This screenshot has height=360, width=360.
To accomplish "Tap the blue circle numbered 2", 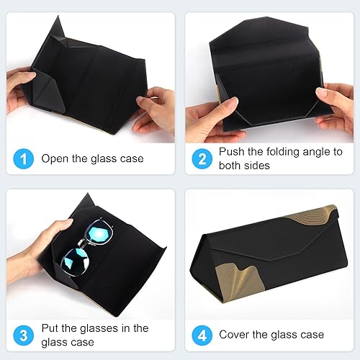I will point(202,158).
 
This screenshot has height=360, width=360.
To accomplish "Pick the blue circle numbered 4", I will point(202,335).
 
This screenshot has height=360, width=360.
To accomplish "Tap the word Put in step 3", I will point(50,328).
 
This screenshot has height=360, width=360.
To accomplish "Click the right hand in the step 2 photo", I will point(338,101).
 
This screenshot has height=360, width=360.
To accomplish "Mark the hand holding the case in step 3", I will point(32,248).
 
